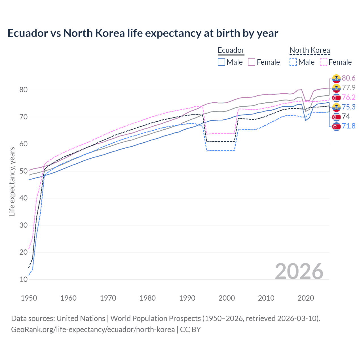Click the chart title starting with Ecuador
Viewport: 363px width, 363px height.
[x=143, y=33]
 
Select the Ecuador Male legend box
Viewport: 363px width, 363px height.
[x=221, y=62]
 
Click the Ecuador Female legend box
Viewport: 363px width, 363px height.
[x=252, y=62]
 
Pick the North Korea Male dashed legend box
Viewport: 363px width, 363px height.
[x=293, y=62]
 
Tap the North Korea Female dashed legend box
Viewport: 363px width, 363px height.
[x=323, y=62]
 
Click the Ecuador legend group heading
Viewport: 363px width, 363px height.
[x=231, y=50]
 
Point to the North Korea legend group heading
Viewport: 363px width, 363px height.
[x=310, y=50]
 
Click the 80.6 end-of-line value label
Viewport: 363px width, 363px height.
[x=349, y=78]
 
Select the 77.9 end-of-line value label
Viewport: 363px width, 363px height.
[x=349, y=88]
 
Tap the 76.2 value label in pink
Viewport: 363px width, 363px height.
[x=349, y=98]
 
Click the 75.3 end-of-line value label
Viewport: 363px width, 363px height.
[x=349, y=107]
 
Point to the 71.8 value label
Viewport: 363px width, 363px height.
[x=349, y=126]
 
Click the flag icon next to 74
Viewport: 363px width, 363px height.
[x=336, y=117]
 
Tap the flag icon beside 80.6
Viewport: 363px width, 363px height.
[x=336, y=78]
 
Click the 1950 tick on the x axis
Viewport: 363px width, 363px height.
[x=29, y=298]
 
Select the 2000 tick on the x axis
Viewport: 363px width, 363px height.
[x=227, y=298]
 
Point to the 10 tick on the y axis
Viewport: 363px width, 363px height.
[x=24, y=280]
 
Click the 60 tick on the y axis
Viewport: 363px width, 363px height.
[x=24, y=144]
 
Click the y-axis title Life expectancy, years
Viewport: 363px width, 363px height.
[x=12, y=181]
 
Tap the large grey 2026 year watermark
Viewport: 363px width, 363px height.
[x=299, y=271]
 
